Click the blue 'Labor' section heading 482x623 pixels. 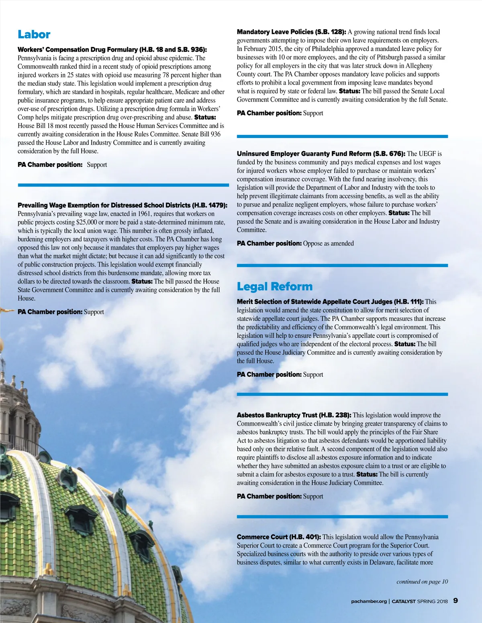[34, 34]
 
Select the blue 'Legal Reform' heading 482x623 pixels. [274, 286]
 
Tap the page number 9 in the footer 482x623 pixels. [455, 601]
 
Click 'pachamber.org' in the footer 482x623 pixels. [369, 601]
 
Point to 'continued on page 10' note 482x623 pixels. [422, 582]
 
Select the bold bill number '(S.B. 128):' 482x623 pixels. [331, 32]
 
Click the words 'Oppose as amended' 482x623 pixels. [328, 244]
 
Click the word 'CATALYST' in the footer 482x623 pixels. [403, 601]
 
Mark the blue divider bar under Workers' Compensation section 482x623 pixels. [123, 185]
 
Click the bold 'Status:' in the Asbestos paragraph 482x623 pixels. [367, 474]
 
